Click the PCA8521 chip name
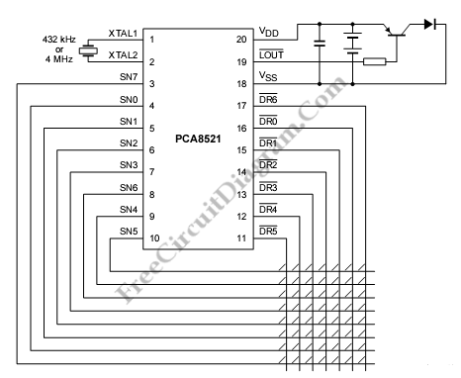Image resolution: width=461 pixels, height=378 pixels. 198,139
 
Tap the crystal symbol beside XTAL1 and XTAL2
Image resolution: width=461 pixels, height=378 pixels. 88,50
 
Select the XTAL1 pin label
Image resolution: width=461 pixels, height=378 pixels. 123,34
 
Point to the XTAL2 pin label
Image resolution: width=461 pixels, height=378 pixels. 123,54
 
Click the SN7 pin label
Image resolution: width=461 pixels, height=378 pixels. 129,77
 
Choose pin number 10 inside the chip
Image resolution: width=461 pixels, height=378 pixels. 154,238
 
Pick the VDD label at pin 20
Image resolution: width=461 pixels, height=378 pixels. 269,32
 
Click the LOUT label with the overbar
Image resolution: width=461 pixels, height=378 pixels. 271,54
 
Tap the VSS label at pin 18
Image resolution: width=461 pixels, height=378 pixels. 268,76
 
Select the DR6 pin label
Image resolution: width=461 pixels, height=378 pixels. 268,99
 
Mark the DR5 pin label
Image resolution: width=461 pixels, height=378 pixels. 268,231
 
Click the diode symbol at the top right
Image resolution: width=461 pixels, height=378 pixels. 430,24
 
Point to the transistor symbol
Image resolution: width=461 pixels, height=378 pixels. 396,31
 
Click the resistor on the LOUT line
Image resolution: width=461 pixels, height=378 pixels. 375,61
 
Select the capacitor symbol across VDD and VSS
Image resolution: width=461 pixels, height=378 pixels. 320,44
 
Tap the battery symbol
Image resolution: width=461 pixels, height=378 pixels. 352,44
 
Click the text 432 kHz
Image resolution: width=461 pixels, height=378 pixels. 59,40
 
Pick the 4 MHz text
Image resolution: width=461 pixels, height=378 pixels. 59,59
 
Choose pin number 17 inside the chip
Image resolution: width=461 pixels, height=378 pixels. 241,106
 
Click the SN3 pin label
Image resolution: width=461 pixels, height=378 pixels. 129,164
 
